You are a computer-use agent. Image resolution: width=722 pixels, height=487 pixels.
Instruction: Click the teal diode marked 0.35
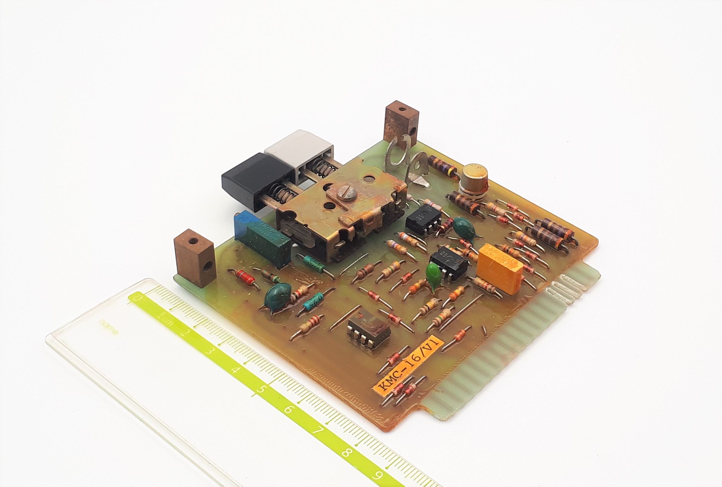[314, 302]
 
